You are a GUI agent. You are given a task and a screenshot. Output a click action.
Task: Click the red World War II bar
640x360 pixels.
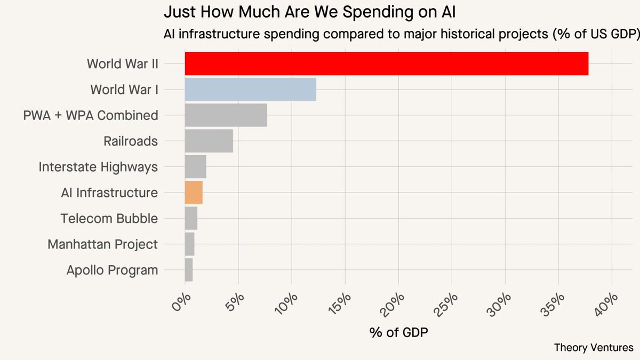[386, 64]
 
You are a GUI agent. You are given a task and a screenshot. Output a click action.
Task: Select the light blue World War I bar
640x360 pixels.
[250, 90]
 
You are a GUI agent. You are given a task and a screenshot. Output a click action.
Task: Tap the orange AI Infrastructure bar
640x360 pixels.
[194, 193]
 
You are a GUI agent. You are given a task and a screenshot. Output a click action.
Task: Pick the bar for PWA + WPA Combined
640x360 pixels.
[226, 115]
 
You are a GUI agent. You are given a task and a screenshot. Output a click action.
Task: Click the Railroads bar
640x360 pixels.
[209, 141]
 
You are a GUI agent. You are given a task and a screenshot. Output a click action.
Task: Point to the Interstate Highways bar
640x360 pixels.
[195, 167]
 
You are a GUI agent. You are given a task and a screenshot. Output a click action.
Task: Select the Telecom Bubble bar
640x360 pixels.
[191, 218]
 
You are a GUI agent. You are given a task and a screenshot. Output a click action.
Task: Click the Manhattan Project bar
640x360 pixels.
[189, 244]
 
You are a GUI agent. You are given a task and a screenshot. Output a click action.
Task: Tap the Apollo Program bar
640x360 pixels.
[188, 269]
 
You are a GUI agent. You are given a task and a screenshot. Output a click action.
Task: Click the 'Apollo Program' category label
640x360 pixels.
[112, 270]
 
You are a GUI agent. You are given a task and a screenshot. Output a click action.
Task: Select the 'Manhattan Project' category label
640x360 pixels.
[102, 244]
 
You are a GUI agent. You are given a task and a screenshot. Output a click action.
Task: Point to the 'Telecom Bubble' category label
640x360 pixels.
[109, 219]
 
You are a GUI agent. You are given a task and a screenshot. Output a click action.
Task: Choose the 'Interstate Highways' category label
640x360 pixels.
[98, 167]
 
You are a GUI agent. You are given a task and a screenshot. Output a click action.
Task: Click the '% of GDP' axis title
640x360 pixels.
[398, 332]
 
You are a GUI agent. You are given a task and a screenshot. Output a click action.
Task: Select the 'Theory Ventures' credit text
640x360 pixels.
[594, 347]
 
